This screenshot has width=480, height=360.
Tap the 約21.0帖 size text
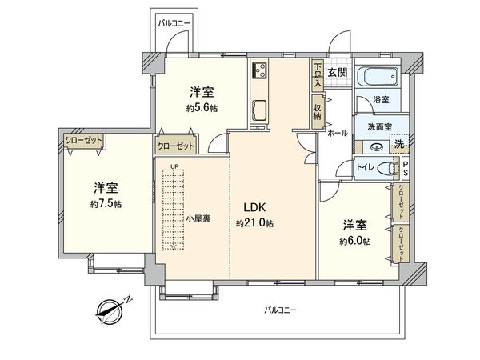254,223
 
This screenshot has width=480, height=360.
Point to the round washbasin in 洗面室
375,146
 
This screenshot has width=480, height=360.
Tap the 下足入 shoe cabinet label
318,74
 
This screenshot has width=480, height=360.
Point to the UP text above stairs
174,166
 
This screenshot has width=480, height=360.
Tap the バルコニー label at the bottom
280,310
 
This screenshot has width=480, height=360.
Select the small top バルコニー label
174,23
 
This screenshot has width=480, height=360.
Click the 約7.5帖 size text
106,205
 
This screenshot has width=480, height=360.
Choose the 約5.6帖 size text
202,108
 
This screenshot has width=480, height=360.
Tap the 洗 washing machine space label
398,145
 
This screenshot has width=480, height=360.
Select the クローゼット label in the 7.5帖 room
85,141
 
